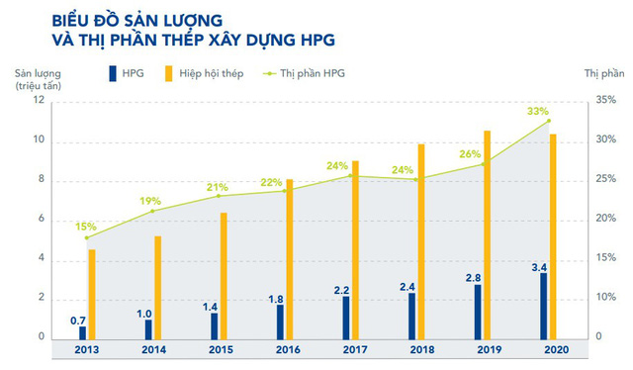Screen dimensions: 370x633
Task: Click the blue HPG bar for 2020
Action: point(543,305)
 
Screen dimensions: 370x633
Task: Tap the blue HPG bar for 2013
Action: point(83,331)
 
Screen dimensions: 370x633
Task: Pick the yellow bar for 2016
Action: point(290,258)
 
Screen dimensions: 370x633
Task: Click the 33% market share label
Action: point(537,112)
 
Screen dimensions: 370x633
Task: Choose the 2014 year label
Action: point(155,350)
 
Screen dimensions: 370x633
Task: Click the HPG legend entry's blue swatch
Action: point(111,73)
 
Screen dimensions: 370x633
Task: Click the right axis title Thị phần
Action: point(604,73)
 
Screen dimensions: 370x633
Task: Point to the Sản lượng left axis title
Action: point(39,73)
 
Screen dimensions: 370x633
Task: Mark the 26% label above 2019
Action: point(469,154)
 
